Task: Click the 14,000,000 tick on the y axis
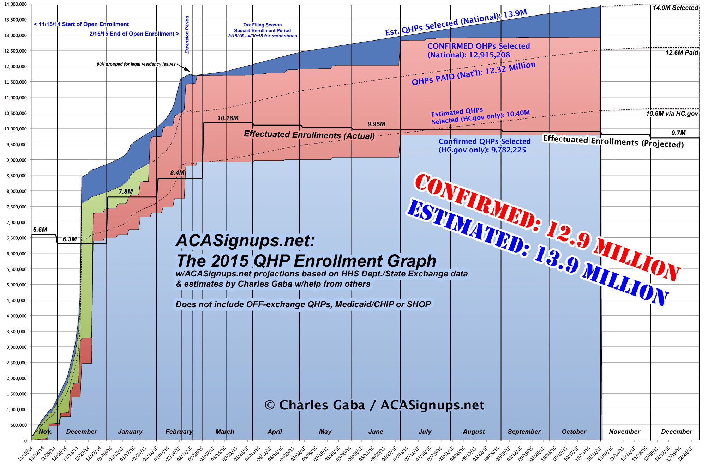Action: [16, 4]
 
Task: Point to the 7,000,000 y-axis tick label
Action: [16, 223]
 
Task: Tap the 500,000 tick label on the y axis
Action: [18, 425]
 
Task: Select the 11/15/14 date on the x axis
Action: [25, 454]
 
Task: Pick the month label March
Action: [225, 432]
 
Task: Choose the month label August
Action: [474, 432]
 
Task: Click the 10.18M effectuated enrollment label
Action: [228, 118]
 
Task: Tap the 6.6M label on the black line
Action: [40, 230]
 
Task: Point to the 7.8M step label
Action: [126, 192]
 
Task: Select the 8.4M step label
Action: [177, 173]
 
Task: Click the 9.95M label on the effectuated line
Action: [376, 124]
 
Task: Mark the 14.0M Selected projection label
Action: [675, 8]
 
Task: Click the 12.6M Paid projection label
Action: [682, 53]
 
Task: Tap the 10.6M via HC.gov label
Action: [672, 114]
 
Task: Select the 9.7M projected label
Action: [678, 133]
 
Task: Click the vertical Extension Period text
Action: [187, 35]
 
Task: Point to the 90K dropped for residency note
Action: [136, 64]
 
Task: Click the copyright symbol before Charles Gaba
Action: [270, 405]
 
